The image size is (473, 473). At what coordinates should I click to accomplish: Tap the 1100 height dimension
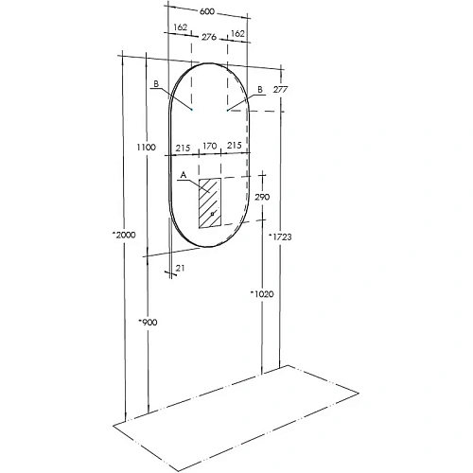[x=145, y=148]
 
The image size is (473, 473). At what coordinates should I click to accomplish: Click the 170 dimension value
[x=209, y=148]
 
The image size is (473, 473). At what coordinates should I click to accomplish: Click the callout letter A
[x=182, y=175]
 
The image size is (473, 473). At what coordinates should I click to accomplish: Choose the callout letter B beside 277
[x=258, y=90]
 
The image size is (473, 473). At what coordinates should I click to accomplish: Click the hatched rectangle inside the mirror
[x=209, y=201]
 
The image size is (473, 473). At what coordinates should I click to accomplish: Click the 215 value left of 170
[x=183, y=148]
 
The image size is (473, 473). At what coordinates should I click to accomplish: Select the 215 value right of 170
[x=234, y=148]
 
